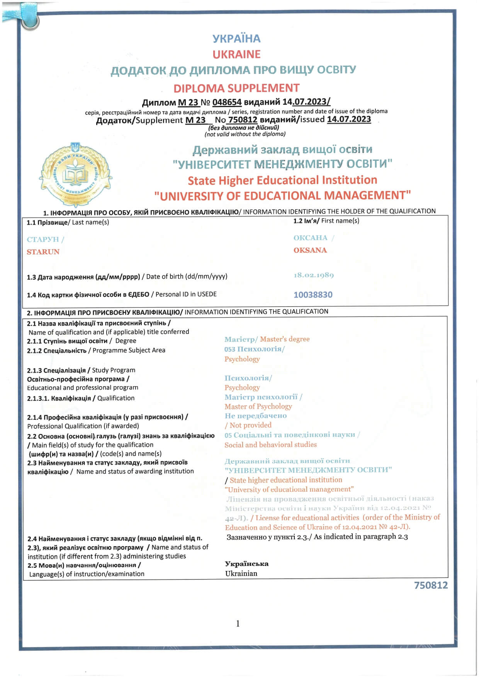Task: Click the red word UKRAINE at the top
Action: coord(236,54)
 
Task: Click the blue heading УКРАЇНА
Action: coord(236,38)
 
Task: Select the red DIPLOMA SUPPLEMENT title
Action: coord(236,88)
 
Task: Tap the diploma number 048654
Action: coord(227,102)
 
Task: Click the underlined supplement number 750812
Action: coord(243,120)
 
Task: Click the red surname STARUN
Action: coord(43,252)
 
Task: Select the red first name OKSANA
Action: coord(310,250)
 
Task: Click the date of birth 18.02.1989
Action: coord(314,275)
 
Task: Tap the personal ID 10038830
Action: coord(313,295)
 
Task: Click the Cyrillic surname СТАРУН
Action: coord(43,239)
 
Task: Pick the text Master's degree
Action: coord(285,339)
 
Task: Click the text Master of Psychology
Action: coord(258,406)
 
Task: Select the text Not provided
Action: coord(250,425)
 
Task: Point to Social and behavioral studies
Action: coord(270,445)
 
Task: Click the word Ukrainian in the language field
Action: coord(241,573)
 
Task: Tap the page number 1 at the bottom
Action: coord(238,623)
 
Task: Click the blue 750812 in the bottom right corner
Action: coord(431,585)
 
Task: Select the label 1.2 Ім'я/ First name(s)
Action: coord(326,221)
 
